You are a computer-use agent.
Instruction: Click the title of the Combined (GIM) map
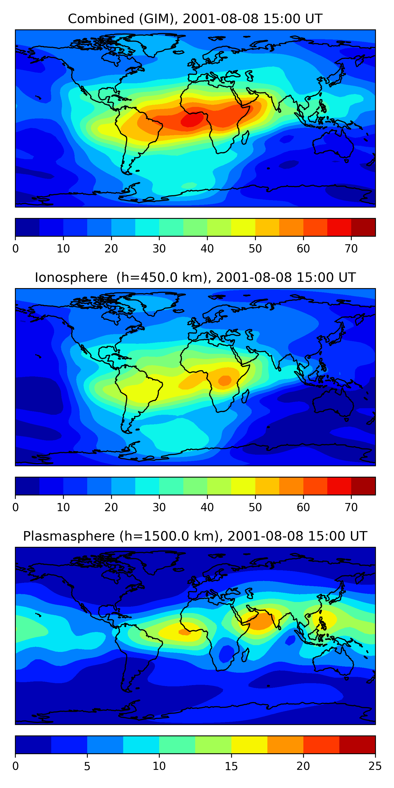coord(195,19)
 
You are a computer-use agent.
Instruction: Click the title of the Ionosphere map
coord(195,277)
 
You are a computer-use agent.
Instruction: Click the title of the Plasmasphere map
coord(195,536)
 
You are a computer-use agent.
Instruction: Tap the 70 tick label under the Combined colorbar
coord(351,249)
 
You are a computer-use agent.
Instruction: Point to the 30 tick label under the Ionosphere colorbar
coord(159,507)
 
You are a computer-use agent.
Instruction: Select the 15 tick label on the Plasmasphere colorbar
coord(231,766)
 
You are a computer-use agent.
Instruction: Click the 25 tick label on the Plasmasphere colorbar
coord(375,766)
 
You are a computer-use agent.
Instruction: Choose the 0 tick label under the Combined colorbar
coord(15,249)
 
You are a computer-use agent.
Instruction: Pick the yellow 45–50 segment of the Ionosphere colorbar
coord(243,486)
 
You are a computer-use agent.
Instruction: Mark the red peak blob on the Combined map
coord(192,120)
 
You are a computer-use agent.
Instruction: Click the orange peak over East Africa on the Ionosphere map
coord(225,381)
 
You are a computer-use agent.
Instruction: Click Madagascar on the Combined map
coord(245,138)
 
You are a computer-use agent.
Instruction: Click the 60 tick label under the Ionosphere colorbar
coord(303,507)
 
